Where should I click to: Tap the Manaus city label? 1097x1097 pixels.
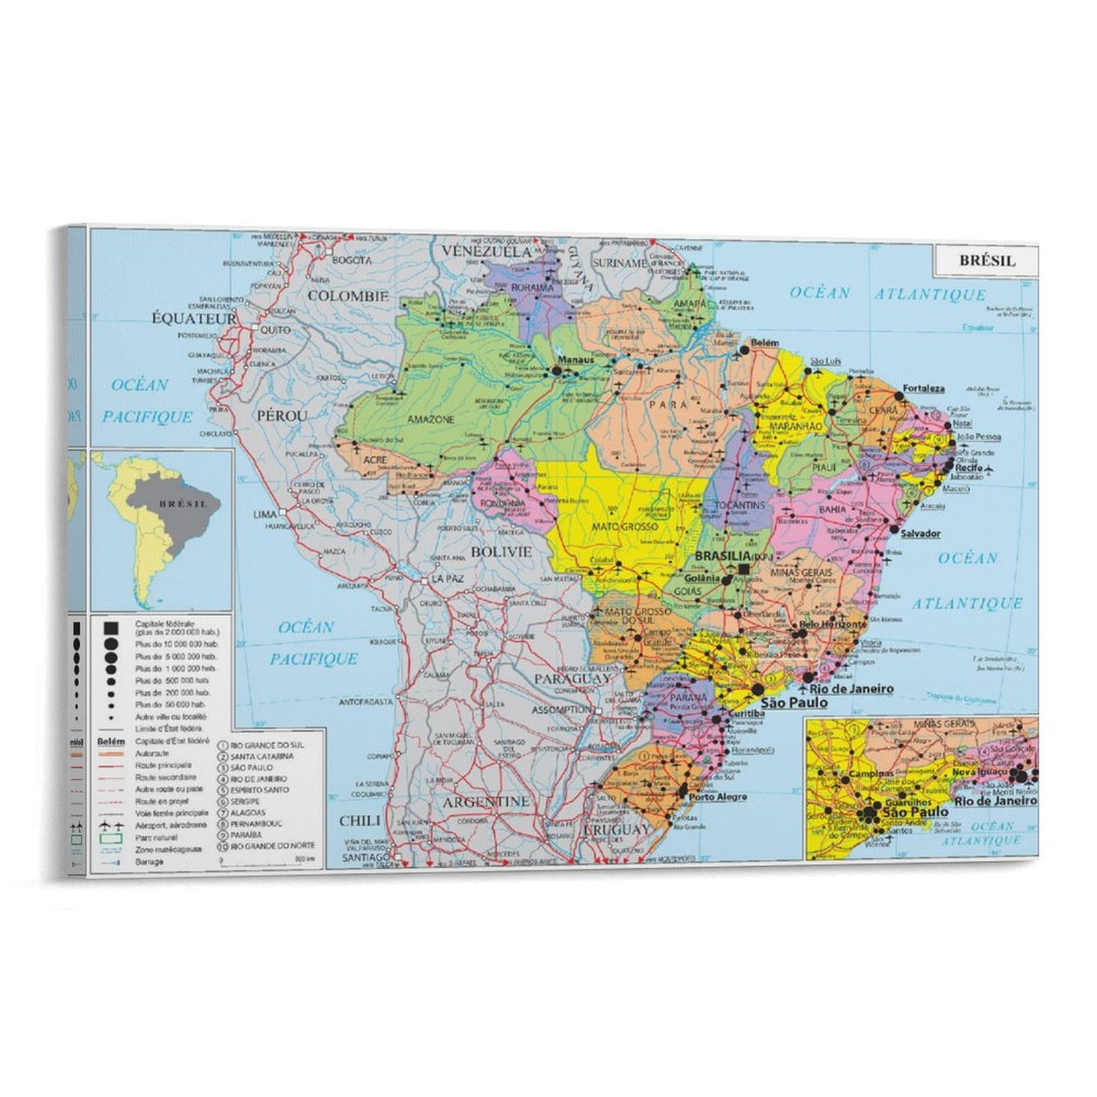575,359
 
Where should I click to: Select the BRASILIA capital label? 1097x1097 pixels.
723,555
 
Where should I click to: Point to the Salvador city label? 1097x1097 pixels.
920,533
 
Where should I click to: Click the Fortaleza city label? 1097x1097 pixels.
923,388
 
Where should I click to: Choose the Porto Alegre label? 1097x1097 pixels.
717,797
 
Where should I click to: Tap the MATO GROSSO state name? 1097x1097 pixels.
625,527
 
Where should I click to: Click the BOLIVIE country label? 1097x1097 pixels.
501,551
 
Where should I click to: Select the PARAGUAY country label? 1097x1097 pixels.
572,678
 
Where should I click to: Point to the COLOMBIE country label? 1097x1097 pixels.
348,296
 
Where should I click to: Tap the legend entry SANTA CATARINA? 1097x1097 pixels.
262,756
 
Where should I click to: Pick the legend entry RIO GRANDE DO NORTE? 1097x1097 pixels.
272,847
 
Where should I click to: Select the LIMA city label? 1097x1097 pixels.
265,514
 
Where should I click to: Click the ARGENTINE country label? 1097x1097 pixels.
485,801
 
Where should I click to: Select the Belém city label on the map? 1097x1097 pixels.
764,342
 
